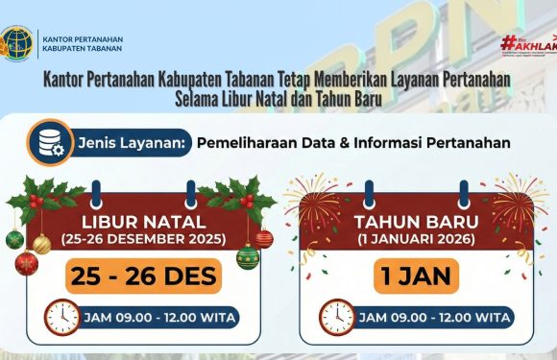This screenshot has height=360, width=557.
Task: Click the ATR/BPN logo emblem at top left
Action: coord(17,42)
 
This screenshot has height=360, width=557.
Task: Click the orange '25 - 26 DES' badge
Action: coord(144,277)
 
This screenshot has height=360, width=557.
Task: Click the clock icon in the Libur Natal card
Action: coord(61,317)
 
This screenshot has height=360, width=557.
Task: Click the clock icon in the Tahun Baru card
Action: coord(336,317)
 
